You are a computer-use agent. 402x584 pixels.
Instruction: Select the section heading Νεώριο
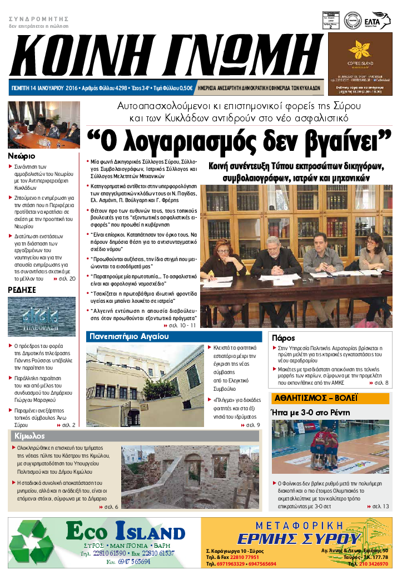22,156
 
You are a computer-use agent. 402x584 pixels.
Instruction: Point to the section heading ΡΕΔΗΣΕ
22,290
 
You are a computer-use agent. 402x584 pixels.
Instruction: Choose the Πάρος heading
282,338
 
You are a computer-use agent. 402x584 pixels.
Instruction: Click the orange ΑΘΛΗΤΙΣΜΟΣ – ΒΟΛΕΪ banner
315,398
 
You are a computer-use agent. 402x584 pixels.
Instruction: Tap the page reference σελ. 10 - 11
181,325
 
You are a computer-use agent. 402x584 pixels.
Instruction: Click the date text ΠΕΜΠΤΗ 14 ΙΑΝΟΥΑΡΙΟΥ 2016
45,88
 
